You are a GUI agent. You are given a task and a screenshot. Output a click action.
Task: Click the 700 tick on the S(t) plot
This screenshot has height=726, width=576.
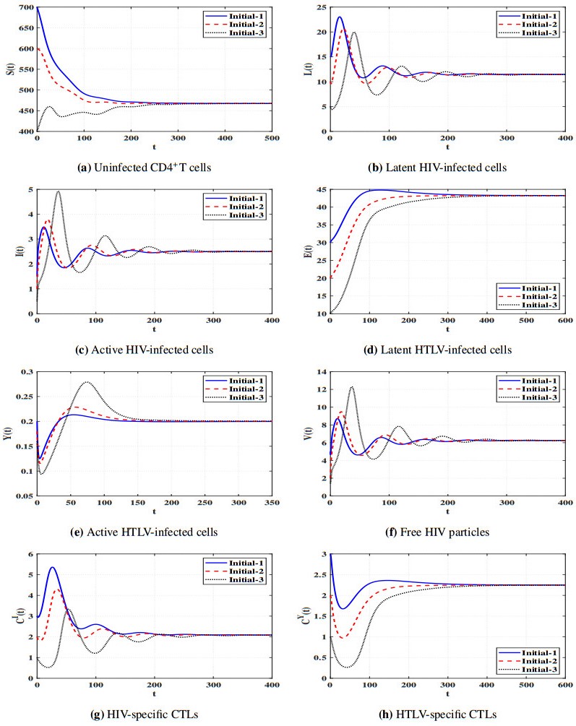coord(24,7)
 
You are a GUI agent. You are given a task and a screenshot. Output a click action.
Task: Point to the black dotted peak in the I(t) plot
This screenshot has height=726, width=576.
coord(59,191)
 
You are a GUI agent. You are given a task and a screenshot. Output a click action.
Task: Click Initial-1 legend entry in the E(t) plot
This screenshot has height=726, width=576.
coord(533,287)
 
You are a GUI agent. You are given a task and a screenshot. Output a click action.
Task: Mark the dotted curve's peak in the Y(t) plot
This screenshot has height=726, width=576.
coord(87,382)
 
